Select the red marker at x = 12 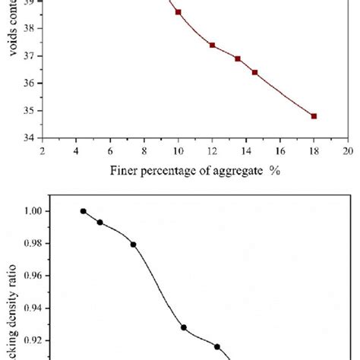[x=213, y=45]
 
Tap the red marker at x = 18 [x=314, y=116]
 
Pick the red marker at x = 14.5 [x=254, y=72]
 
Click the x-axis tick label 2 [x=43, y=150]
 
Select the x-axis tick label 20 [x=348, y=150]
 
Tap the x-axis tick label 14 [x=246, y=150]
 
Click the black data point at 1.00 [x=83, y=211]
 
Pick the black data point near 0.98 [x=134, y=245]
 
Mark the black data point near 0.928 [x=184, y=327]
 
